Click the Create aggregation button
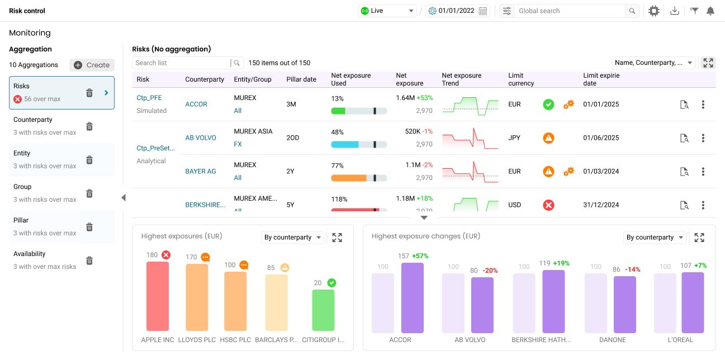coord(92,65)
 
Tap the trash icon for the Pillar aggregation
coord(89,227)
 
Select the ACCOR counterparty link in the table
coord(196,104)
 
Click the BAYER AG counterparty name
coord(200,171)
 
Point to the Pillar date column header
coord(301,79)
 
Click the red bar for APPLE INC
coord(158,296)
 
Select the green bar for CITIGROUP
coord(323,310)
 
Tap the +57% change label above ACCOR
coord(420,256)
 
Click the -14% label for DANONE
coord(632,269)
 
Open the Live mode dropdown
coord(387,11)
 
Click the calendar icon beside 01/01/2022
coord(483,11)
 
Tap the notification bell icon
coord(710,11)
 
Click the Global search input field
coord(570,11)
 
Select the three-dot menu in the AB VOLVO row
coord(703,138)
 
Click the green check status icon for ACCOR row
coord(548,104)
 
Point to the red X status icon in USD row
coord(548,205)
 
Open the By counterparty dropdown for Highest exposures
coord(292,238)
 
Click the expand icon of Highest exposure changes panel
coord(699,238)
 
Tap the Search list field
coord(182,63)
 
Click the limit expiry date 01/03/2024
coord(601,171)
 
